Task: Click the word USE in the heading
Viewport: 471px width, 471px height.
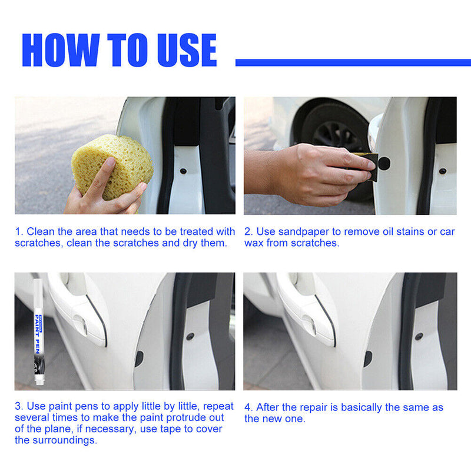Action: [x=183, y=50]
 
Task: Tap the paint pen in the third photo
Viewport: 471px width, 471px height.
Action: [x=37, y=333]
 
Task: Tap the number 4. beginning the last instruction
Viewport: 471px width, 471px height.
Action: [x=248, y=407]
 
